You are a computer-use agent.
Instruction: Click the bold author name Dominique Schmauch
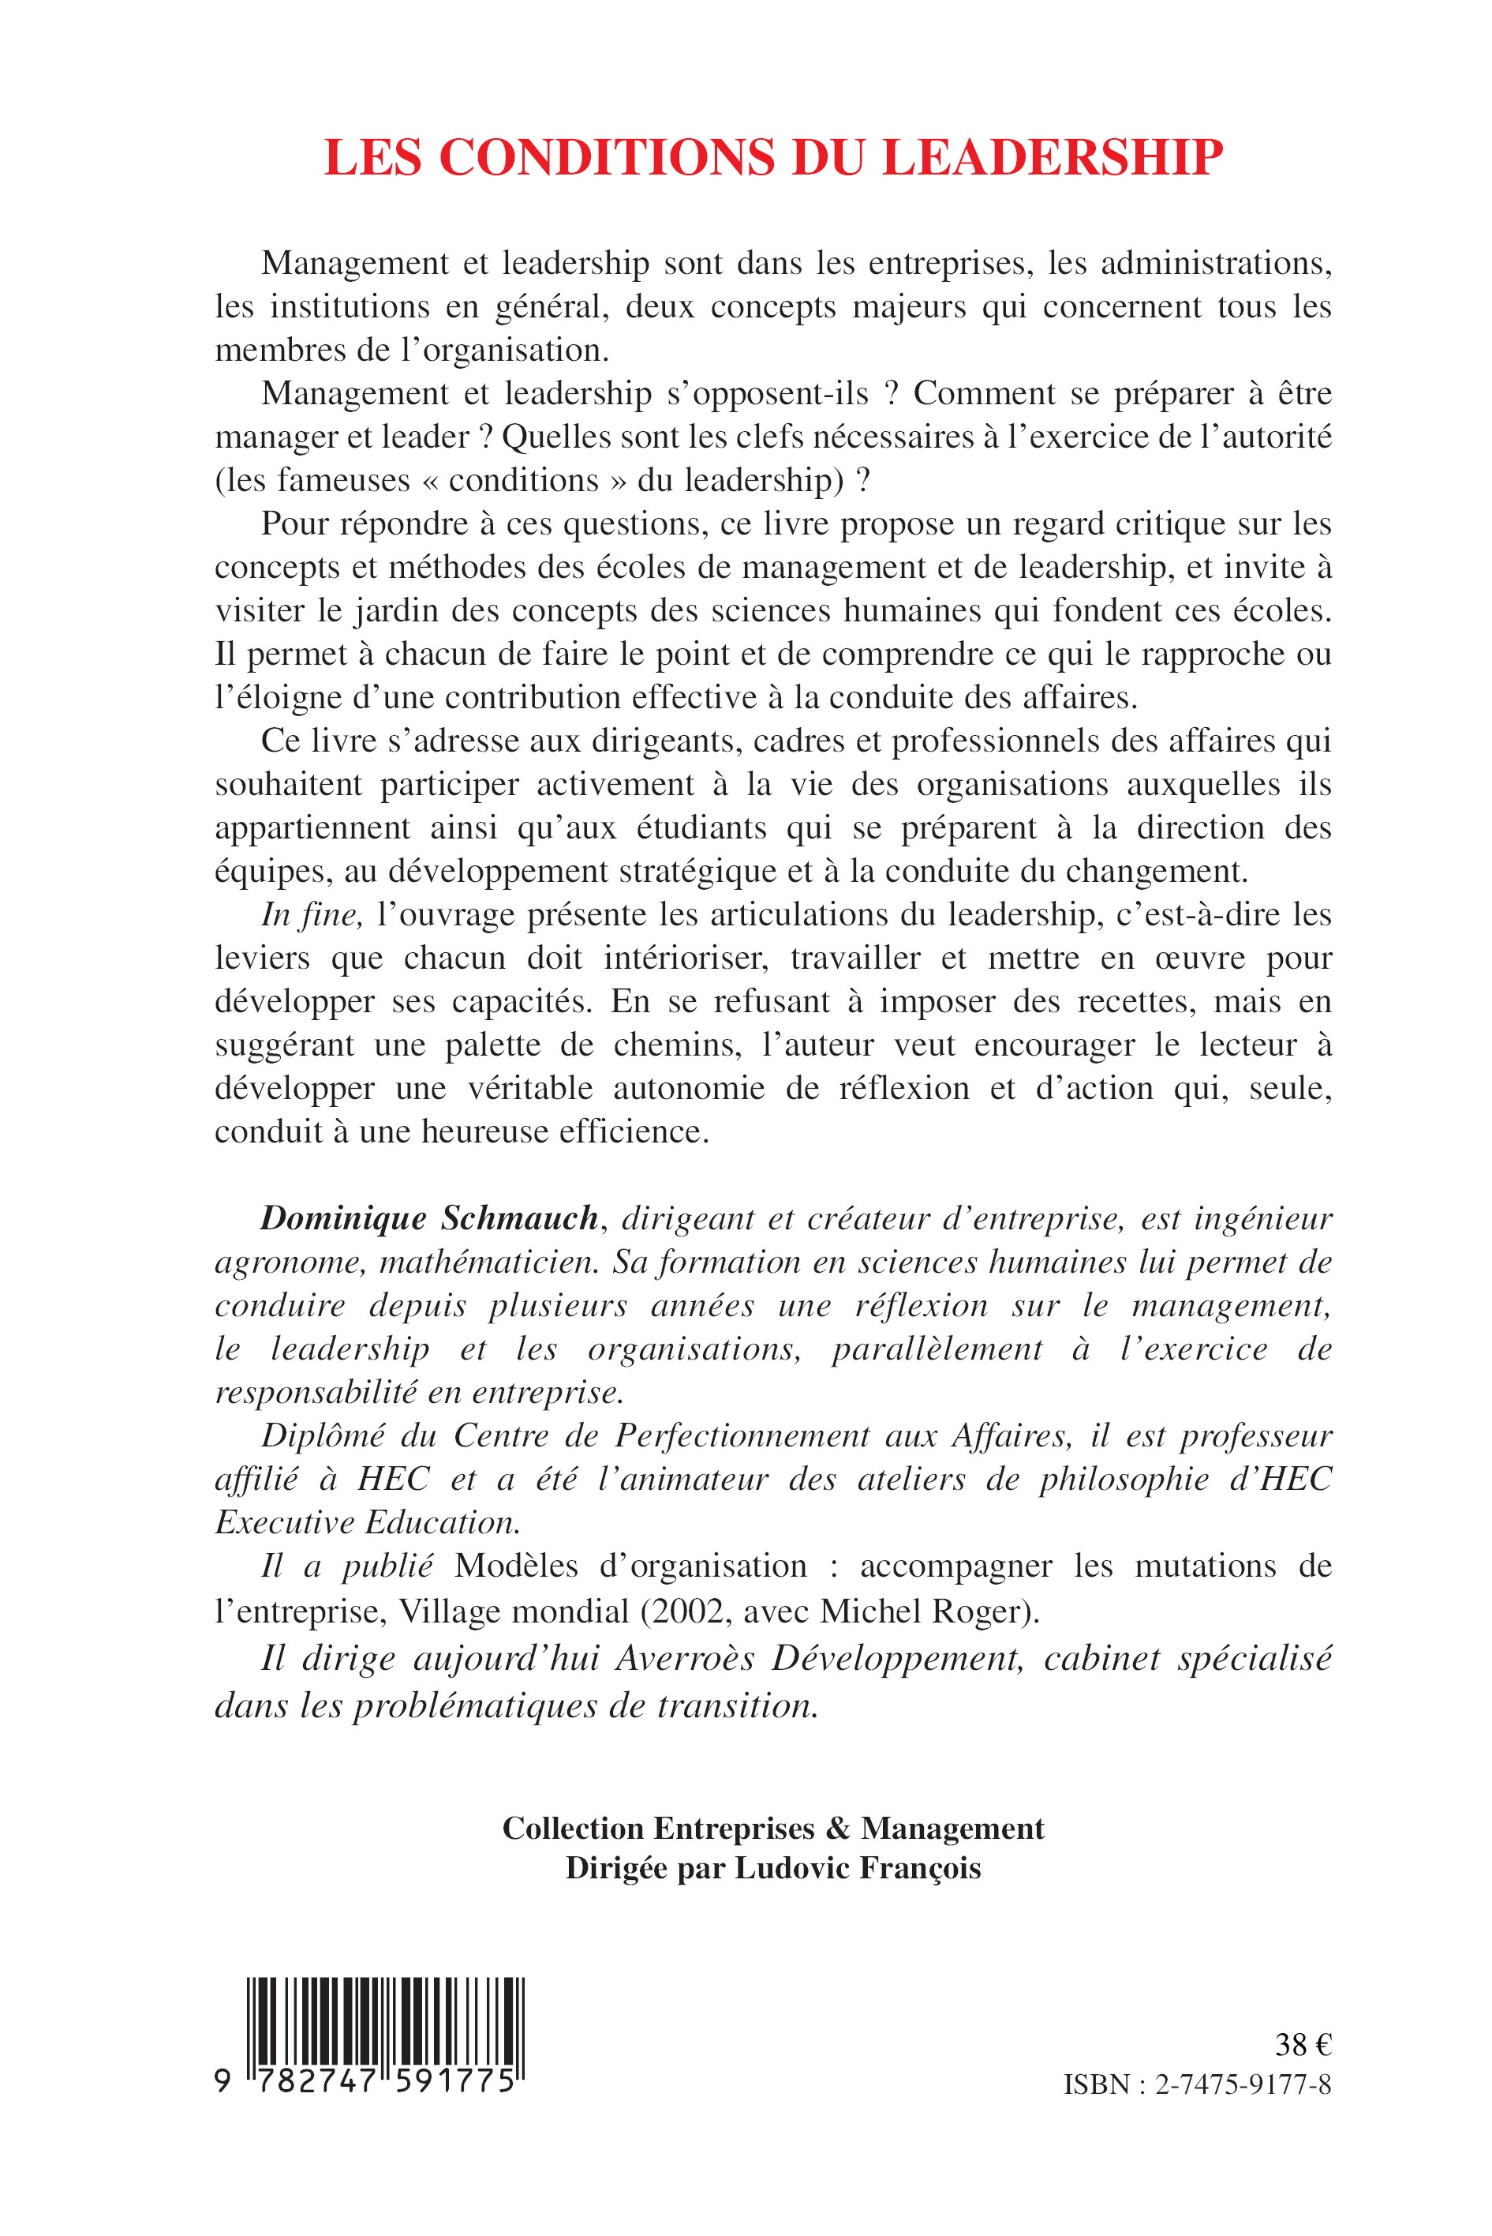429,1217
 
